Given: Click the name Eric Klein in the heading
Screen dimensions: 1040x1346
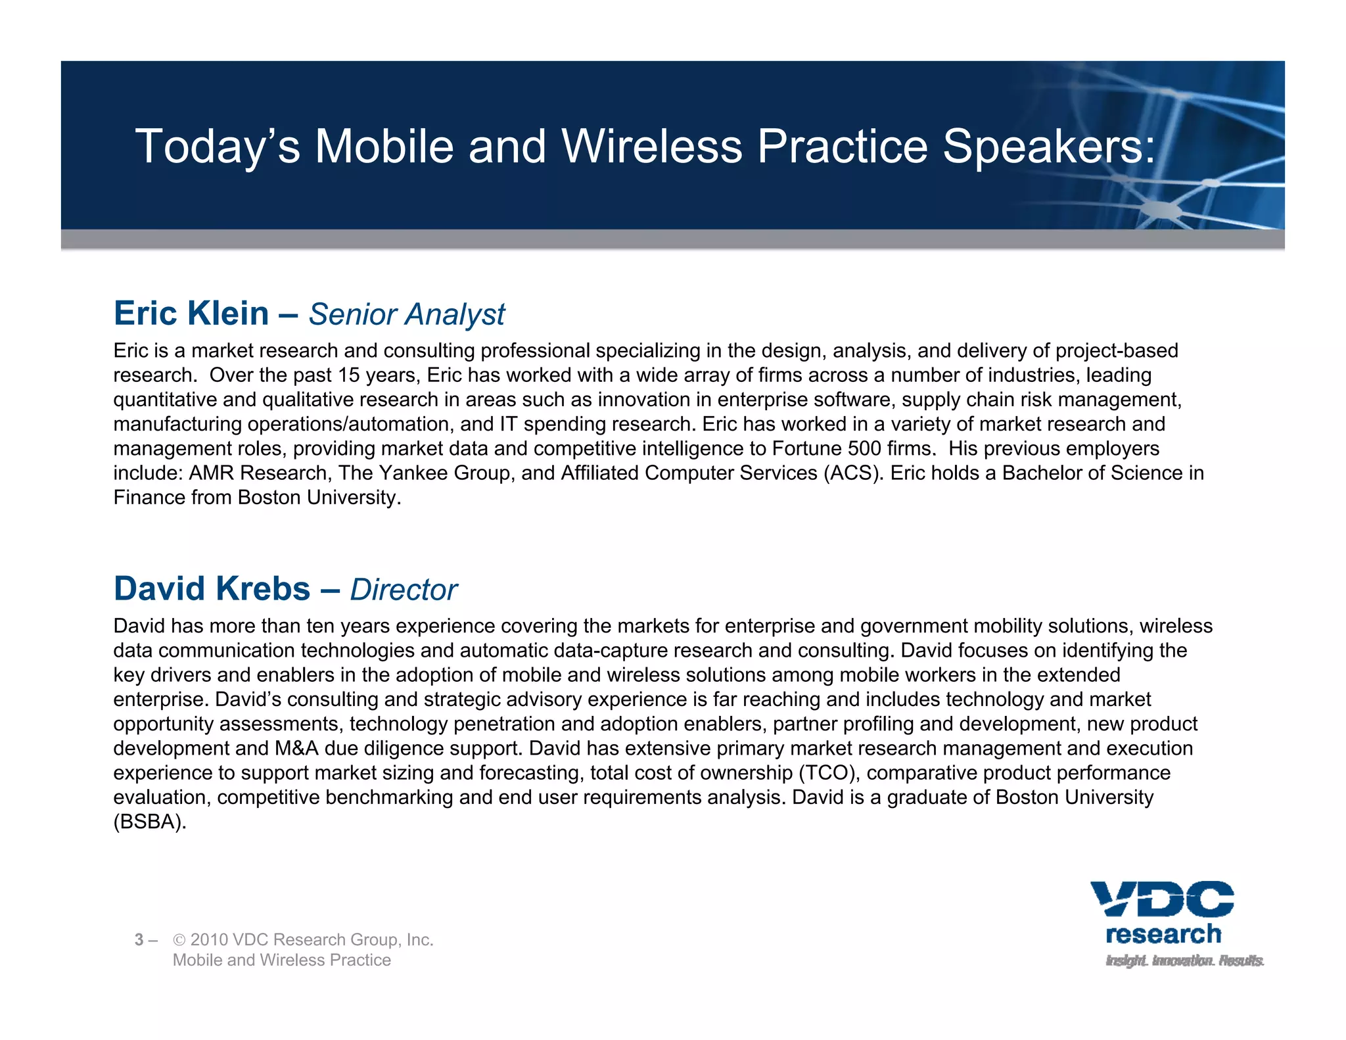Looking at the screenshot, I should pos(191,314).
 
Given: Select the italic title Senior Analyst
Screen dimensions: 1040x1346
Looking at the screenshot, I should pos(407,315).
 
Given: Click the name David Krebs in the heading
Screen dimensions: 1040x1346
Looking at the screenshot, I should pos(212,589).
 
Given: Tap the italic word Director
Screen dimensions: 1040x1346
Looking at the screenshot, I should pos(404,590).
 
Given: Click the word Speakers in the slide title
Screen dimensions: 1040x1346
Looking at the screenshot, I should pos(1049,147).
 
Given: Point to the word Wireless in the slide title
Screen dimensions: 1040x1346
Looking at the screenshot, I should pos(651,147).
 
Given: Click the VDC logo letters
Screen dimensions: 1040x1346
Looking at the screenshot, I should pos(1162,899).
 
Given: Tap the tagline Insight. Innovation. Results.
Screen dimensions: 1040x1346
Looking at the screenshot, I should pos(1184,960).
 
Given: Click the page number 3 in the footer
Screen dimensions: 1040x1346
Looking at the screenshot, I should pos(139,940).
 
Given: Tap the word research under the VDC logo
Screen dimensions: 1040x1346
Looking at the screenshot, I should pos(1163,934).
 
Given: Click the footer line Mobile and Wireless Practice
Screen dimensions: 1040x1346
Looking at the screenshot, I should pos(281,960).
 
